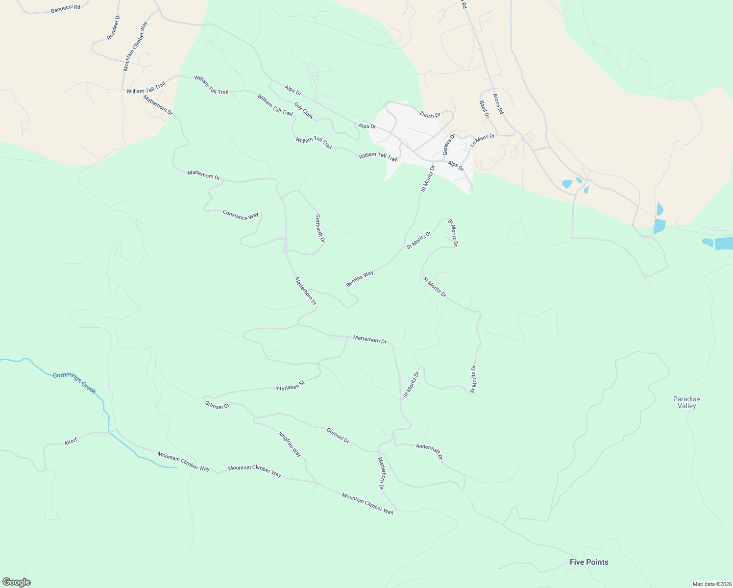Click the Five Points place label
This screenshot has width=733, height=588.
589,562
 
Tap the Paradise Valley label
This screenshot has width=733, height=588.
686,402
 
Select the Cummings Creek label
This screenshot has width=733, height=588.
74,383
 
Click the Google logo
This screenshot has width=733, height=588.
16,582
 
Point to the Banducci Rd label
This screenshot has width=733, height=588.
65,9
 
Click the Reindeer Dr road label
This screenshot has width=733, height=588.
113,27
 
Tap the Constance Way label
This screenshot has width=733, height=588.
240,215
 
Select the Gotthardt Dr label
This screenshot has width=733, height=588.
320,228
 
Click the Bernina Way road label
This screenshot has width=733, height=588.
360,278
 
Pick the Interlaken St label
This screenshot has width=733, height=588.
290,385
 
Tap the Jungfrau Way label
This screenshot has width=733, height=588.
290,444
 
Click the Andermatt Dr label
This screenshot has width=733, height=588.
429,451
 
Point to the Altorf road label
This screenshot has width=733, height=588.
71,441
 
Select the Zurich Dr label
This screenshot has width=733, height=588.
430,115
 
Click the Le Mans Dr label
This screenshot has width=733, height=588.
482,140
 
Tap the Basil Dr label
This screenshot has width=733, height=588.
484,109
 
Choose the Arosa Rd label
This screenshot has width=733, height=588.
498,104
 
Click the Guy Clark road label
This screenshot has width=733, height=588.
304,110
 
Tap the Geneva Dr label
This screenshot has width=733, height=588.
449,144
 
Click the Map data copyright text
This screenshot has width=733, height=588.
712,584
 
